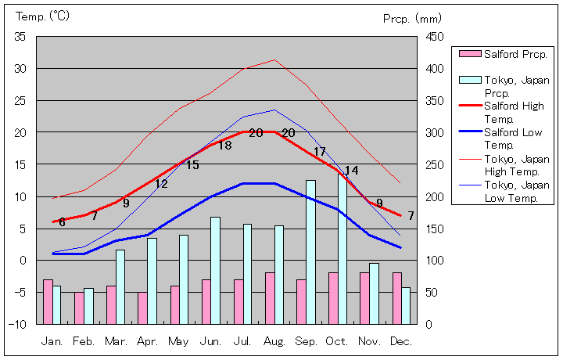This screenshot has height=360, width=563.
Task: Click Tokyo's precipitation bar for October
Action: point(342,249)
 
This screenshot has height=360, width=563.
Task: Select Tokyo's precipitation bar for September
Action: point(310,252)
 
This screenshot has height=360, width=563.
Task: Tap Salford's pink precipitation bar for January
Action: point(48,301)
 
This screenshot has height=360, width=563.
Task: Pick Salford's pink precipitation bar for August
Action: point(270,298)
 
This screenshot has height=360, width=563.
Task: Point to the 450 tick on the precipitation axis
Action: point(434,37)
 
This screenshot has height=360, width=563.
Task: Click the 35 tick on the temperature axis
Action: point(20,37)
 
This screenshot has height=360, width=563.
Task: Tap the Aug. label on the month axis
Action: point(274,342)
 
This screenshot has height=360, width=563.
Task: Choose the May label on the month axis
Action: point(179,342)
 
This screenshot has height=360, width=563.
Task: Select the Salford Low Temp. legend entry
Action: point(512,139)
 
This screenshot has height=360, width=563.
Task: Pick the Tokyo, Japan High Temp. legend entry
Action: point(512,165)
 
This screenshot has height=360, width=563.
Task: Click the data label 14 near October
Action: point(351,171)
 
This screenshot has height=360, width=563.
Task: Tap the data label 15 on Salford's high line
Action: point(192,165)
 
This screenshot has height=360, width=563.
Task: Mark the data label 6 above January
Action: point(62,222)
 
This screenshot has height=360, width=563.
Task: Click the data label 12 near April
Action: point(161,184)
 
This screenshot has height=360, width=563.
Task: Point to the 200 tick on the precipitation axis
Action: point(434,196)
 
